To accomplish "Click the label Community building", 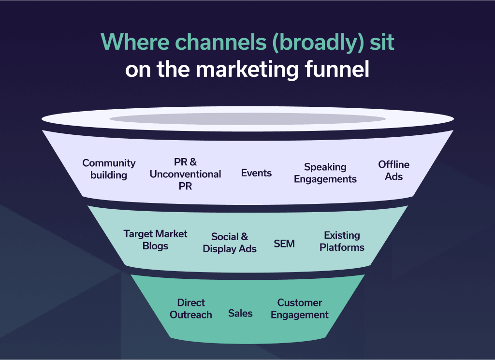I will point(109,169).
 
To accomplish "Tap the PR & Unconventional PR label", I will point(185,174).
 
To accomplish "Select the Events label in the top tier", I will point(256,173).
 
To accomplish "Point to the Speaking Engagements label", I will point(325,173).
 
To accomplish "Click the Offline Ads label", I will point(393,171).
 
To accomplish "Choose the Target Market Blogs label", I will point(155,240).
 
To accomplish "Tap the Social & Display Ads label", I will point(230,243).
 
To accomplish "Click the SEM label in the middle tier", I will point(284,244).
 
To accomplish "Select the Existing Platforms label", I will point(342,241).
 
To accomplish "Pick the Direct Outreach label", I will point(191,309).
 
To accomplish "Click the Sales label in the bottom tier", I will point(240,313).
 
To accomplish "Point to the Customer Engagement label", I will point(300,309).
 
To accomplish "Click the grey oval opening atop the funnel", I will point(247,119).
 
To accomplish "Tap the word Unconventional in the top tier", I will point(185,174).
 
